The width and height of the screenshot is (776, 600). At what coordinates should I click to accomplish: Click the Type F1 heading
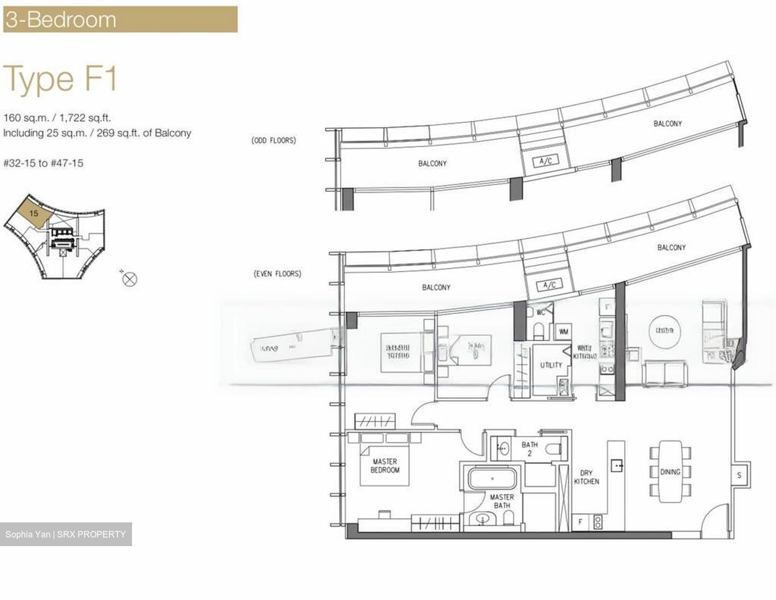click(60, 79)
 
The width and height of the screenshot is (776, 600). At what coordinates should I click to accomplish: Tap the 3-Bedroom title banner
click(120, 19)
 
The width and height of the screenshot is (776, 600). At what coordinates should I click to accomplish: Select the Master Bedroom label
click(385, 466)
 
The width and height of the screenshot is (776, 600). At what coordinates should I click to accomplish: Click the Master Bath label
click(502, 501)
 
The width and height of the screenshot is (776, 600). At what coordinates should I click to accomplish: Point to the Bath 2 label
click(529, 449)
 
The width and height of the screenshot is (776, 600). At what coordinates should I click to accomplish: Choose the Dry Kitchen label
click(586, 477)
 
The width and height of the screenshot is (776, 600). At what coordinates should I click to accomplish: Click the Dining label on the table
click(670, 472)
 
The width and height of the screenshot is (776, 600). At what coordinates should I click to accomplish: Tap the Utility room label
click(551, 365)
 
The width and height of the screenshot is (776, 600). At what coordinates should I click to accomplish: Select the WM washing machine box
click(564, 332)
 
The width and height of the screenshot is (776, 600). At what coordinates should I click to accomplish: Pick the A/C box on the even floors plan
click(549, 285)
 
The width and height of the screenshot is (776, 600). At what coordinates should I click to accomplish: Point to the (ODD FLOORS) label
click(274, 141)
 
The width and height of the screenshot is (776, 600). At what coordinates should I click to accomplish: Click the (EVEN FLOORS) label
click(278, 274)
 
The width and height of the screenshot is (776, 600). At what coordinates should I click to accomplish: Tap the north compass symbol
click(130, 279)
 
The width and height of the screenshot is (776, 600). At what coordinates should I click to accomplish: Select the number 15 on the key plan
click(34, 213)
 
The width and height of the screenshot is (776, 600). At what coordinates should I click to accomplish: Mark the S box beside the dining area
click(739, 475)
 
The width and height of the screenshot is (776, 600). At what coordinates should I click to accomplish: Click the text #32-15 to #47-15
click(43, 163)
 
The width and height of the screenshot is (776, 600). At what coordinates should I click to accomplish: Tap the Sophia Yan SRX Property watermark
click(66, 534)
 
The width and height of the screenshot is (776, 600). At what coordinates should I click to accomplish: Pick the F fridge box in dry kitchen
click(580, 521)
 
